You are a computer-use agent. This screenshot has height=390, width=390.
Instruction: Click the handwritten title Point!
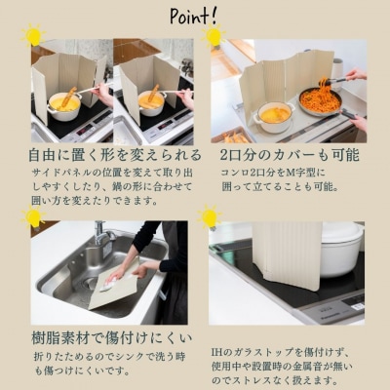pyautogui.click(x=193, y=16)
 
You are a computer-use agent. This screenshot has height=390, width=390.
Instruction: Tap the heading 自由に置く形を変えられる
pyautogui.click(x=115, y=155)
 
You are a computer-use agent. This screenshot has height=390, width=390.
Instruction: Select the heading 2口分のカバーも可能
pyautogui.click(x=290, y=155)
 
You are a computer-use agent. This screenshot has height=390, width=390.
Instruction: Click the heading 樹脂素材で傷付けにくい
pyautogui.click(x=111, y=338)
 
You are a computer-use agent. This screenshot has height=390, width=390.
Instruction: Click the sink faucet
pyautogui.click(x=102, y=237)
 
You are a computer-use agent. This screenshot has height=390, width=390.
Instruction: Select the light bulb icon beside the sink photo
pyautogui.click(x=33, y=216)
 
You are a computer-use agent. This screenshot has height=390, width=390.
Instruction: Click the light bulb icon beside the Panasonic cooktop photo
pyautogui.click(x=210, y=216)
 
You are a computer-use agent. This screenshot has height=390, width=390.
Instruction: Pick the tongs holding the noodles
pyautogui.click(x=333, y=80)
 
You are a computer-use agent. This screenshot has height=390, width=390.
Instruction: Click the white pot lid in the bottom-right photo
pyautogui.click(x=342, y=233)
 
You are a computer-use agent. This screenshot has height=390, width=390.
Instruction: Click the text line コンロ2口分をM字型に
pyautogui.click(x=273, y=173)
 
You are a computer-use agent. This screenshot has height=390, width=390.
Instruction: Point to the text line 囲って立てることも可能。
pyautogui.click(x=281, y=187)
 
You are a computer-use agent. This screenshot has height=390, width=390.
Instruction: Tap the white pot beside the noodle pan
pyautogui.click(x=274, y=116)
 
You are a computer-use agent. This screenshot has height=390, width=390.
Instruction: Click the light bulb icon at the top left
pyautogui.click(x=33, y=35)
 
